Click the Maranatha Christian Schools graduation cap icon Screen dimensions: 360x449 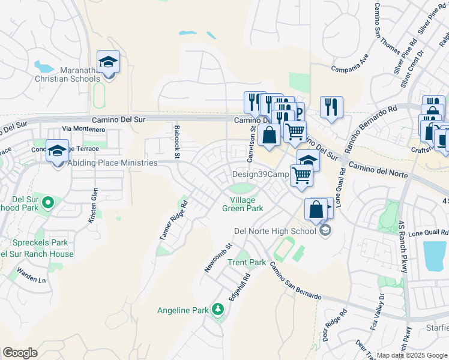[x=109, y=62]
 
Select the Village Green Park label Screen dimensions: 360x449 [x=247, y=204]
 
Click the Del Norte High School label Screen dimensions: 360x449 [x=274, y=231]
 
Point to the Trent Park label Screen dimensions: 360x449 [x=246, y=262]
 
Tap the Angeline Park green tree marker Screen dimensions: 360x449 [x=218, y=310]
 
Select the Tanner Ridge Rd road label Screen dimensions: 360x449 [x=174, y=220]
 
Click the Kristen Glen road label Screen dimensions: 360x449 [x=94, y=205]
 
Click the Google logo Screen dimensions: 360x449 [x=20, y=353]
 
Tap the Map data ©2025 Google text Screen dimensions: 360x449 [x=412, y=355]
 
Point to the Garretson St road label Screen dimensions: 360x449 [x=253, y=140]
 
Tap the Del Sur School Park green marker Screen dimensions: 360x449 [x=47, y=202]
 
